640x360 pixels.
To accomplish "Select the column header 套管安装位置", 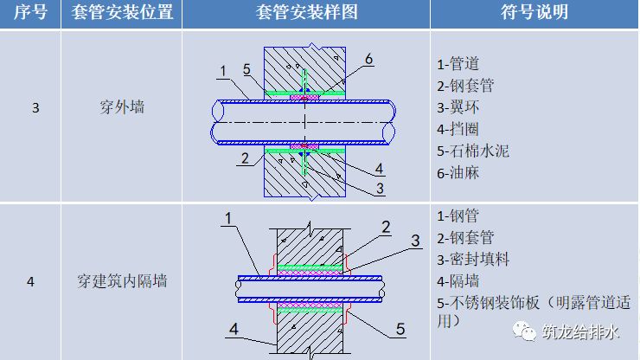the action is [118, 13].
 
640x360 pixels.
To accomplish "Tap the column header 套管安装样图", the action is [307, 13].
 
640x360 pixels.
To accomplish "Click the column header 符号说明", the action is [534, 13].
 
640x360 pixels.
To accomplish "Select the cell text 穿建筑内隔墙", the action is [118, 281].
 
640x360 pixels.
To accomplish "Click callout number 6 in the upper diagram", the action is [368, 59].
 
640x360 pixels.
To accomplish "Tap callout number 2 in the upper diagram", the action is [246, 158].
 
